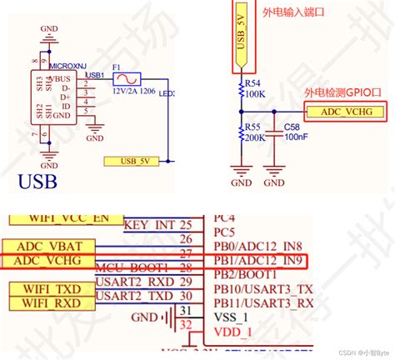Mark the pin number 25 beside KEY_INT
pos(185,225)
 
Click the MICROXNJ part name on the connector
pos(67,64)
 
